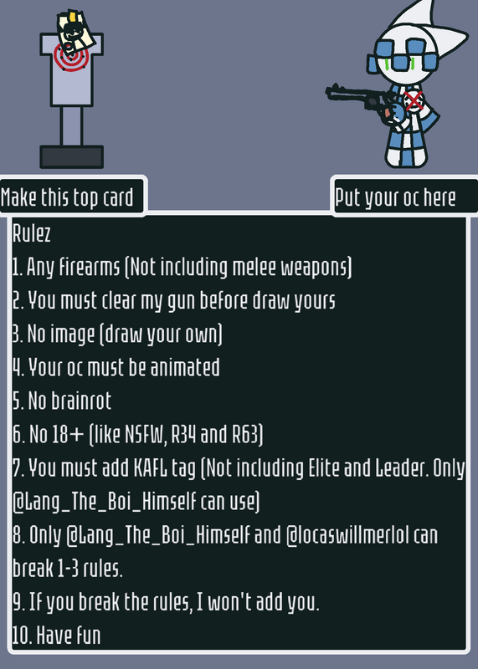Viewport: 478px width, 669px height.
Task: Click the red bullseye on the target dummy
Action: pyautogui.click(x=71, y=58)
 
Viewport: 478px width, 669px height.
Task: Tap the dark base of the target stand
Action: pyautogui.click(x=72, y=156)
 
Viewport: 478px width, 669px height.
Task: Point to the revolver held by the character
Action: pyautogui.click(x=362, y=99)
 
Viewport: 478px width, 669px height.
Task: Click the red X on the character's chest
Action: pyautogui.click(x=414, y=101)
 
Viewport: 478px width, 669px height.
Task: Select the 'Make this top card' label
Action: pyautogui.click(x=67, y=197)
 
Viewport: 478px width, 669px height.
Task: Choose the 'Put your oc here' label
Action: pyautogui.click(x=395, y=197)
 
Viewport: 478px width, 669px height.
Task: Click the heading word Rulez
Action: pyautogui.click(x=32, y=233)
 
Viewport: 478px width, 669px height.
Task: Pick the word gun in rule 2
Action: pyautogui.click(x=182, y=301)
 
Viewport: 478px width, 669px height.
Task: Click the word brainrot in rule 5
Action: pyautogui.click(x=80, y=401)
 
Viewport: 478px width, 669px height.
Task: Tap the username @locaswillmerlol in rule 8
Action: pyautogui.click(x=362, y=535)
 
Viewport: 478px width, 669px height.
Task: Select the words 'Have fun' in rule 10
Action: pyautogui.click(x=69, y=636)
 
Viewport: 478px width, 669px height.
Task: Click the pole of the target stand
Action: pyautogui.click(x=71, y=126)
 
